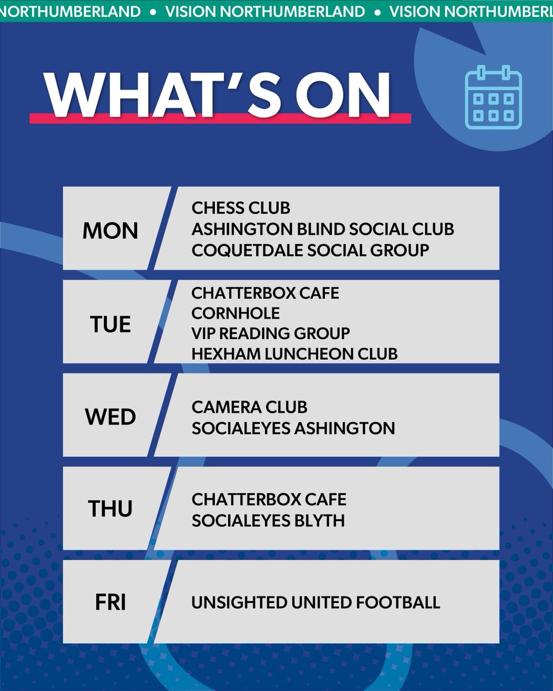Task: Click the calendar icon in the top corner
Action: (493, 97)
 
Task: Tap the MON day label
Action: (111, 231)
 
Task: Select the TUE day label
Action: (111, 324)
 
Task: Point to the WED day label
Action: (111, 416)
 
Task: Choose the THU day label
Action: (111, 509)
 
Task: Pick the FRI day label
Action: (111, 602)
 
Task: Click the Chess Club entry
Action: (241, 207)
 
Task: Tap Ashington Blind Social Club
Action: (323, 229)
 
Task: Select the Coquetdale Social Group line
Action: (310, 250)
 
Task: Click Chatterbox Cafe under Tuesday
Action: (265, 293)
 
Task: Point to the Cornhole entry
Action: (236, 313)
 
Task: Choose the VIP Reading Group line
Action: (271, 333)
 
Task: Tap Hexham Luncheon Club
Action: (294, 354)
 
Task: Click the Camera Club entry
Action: (249, 407)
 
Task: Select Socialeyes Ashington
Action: (293, 428)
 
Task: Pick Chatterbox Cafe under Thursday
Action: (269, 499)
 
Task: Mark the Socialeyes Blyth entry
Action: (268, 521)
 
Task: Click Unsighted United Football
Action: (316, 603)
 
